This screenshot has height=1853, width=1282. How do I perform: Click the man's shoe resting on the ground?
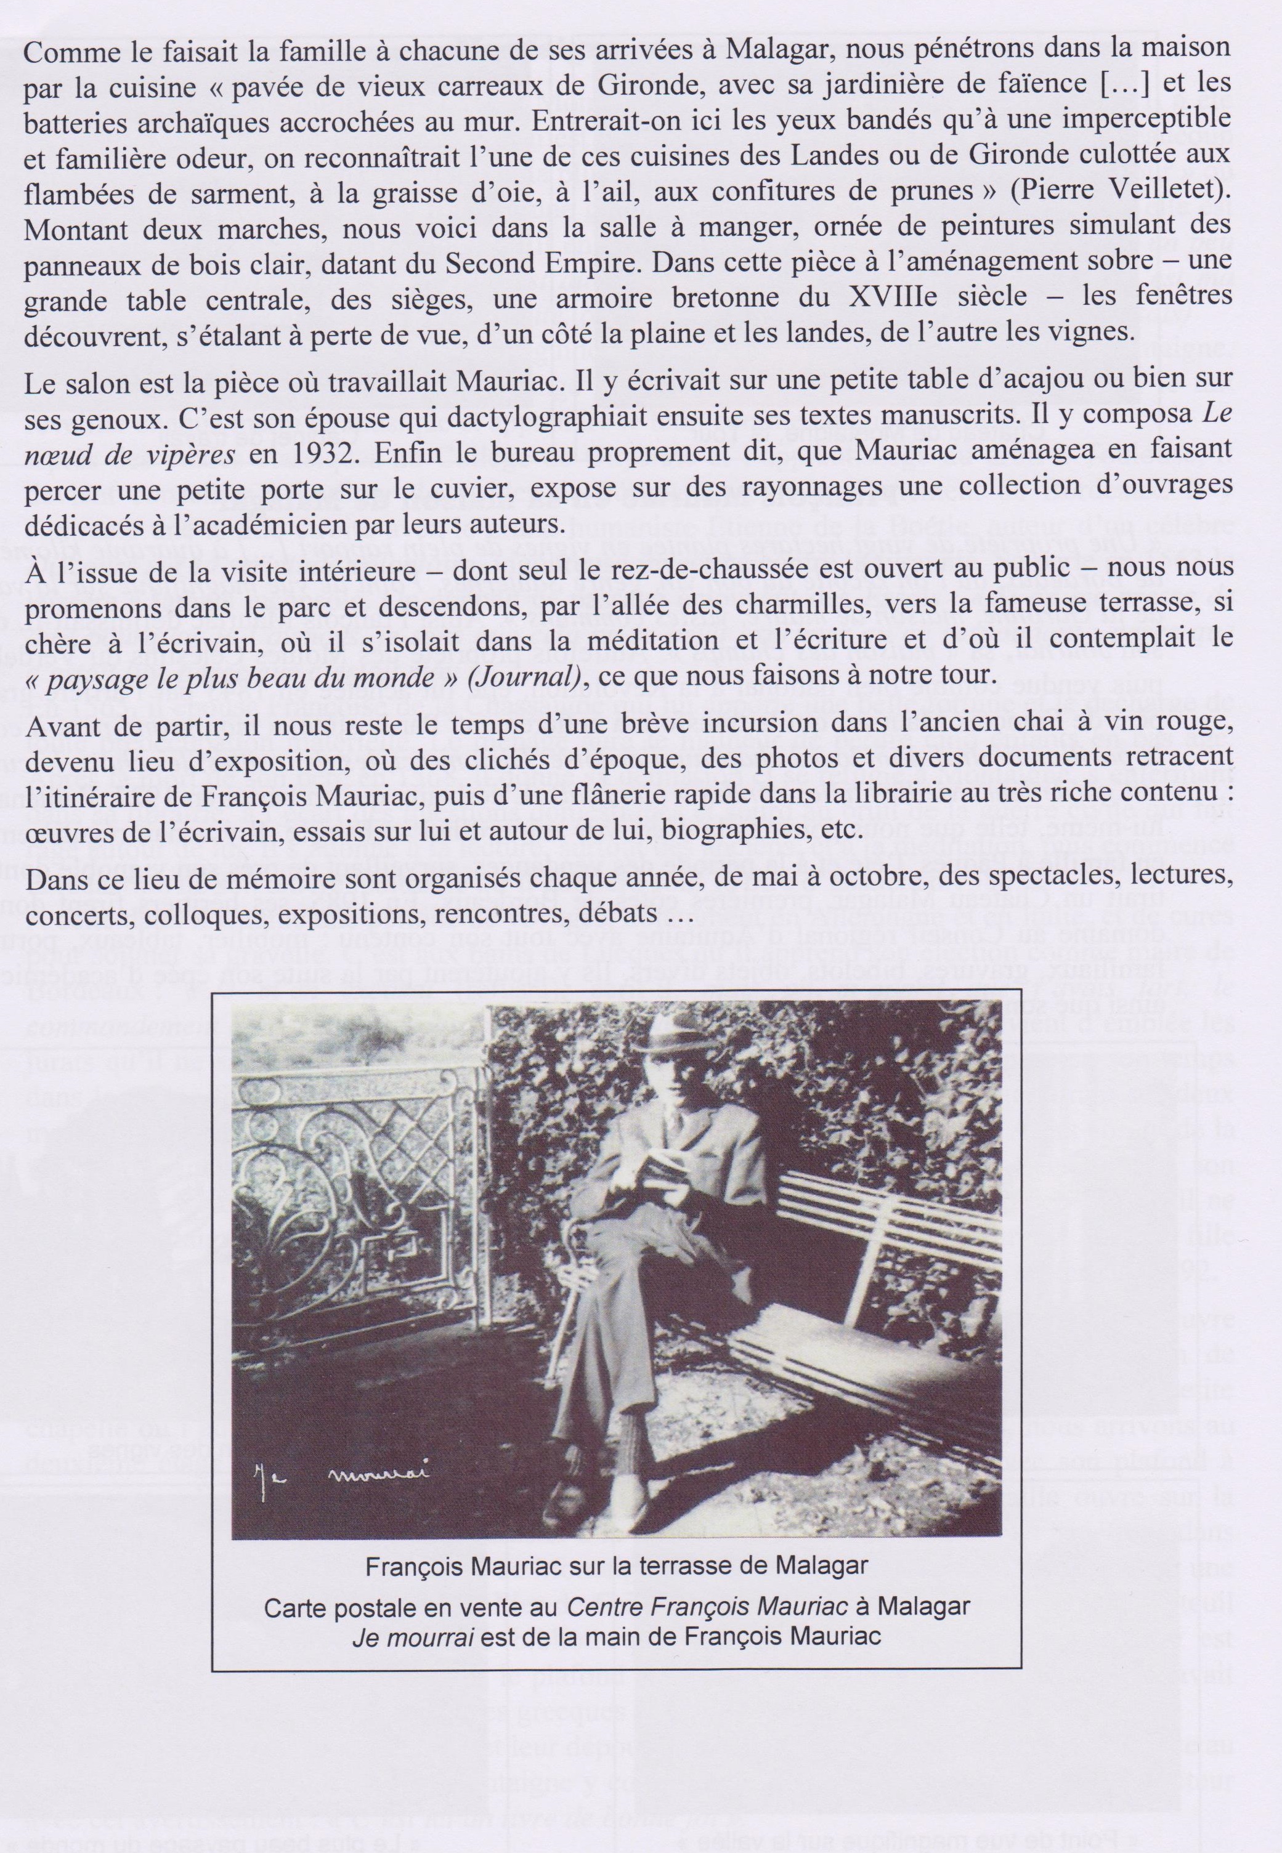(x=577, y=1476)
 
